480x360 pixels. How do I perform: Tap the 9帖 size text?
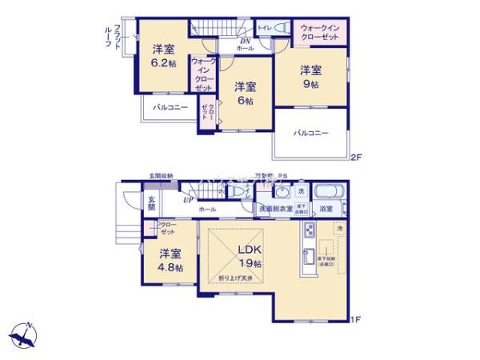tap(310, 83)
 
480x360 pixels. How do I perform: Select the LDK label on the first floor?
tap(248, 249)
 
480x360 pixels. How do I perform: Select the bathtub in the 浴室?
tap(329, 193)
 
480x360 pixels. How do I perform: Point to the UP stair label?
tap(187, 199)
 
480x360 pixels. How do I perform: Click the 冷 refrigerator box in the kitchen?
tap(339, 229)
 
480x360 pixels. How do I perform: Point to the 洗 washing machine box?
tap(301, 191)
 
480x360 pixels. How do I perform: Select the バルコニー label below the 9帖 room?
tap(310, 133)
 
